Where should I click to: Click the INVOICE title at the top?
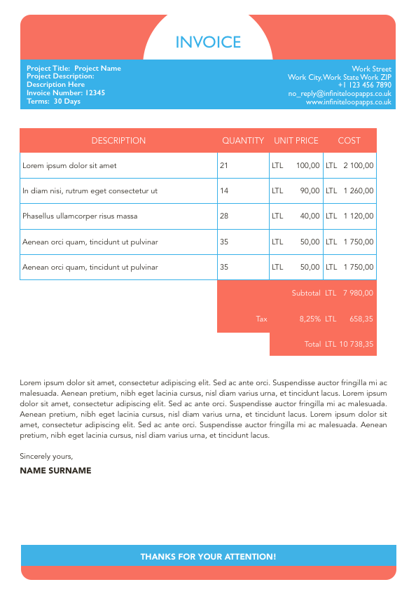(x=208, y=43)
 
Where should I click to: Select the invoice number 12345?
(x=95, y=92)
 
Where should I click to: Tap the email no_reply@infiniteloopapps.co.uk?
(x=340, y=93)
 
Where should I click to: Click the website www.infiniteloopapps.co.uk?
(x=348, y=102)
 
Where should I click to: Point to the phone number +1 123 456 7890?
(x=364, y=85)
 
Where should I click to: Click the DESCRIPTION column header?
(x=118, y=141)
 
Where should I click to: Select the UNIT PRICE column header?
(x=296, y=141)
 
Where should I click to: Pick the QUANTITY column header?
(x=243, y=141)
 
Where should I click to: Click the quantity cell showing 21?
(x=224, y=166)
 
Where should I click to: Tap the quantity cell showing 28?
(x=224, y=216)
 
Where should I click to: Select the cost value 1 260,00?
(x=359, y=191)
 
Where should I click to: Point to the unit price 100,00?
(x=308, y=166)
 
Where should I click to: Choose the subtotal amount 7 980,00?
(x=358, y=293)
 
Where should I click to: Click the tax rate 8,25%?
(x=310, y=319)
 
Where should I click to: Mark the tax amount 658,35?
(x=361, y=319)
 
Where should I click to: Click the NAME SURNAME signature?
(x=55, y=471)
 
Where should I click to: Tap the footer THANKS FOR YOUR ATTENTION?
(x=208, y=557)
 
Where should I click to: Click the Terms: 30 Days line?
(x=53, y=102)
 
